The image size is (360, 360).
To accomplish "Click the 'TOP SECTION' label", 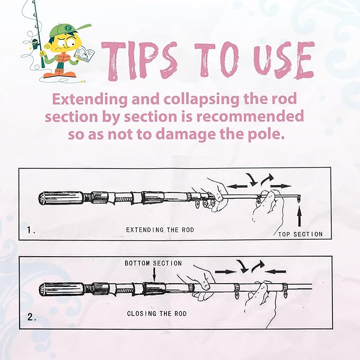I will coord(301,234).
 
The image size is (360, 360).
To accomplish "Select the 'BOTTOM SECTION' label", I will coord(153,263).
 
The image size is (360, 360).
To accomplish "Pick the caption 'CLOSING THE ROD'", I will coord(156,313).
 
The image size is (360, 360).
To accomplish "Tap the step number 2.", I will coord(31,318).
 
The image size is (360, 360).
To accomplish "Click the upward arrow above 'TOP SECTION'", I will coord(301,218).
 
